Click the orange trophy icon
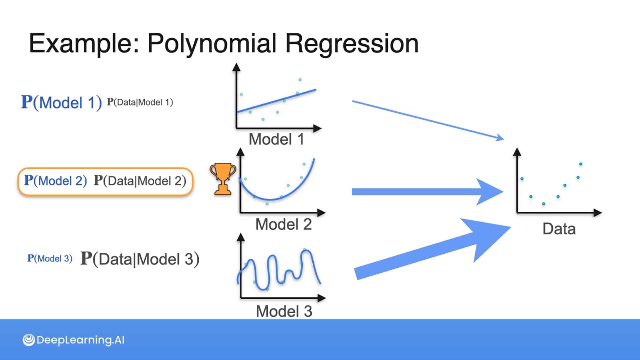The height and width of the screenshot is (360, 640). [x=223, y=178]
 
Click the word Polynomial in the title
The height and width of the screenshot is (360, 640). [x=212, y=43]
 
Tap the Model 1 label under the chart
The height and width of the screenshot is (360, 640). [x=276, y=139]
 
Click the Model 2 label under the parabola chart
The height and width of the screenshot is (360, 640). [x=283, y=224]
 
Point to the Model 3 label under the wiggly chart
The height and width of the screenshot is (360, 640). [x=284, y=311]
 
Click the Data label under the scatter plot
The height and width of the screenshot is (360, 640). [x=559, y=229]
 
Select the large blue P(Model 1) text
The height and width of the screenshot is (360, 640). [x=61, y=102]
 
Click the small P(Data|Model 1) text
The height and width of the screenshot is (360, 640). [x=140, y=102]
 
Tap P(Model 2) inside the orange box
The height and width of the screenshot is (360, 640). [x=55, y=181]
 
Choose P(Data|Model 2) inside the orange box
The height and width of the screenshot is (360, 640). [x=140, y=181]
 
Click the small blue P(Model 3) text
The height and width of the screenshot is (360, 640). [x=50, y=258]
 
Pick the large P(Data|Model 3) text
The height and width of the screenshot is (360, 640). [x=140, y=259]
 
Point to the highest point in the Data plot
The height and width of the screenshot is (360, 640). [x=581, y=164]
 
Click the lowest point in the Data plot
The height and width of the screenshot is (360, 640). [x=544, y=204]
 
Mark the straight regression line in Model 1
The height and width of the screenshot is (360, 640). [x=277, y=101]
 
